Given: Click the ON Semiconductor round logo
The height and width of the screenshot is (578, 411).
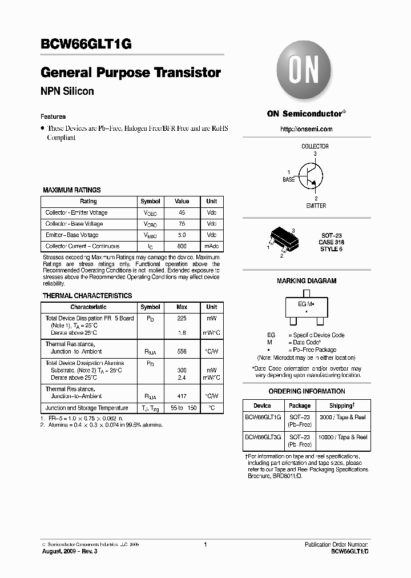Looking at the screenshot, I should (x=306, y=73).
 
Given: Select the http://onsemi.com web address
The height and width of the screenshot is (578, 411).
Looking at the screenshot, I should (x=306, y=129).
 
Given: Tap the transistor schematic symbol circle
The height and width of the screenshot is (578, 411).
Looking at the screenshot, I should (x=311, y=175).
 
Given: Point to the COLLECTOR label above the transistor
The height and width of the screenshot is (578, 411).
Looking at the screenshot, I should (x=315, y=146).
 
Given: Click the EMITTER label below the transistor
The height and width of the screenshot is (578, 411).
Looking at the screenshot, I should (x=316, y=206).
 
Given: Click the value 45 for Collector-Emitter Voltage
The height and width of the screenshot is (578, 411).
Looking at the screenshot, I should (x=182, y=212).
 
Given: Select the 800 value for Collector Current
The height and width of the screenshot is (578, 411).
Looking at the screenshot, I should (x=182, y=246).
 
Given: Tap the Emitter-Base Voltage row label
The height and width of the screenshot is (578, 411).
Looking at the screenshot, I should (x=72, y=235).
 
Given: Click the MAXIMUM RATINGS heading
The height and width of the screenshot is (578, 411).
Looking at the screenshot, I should (x=72, y=190).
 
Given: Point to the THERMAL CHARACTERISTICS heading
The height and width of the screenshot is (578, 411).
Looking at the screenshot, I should (x=87, y=296).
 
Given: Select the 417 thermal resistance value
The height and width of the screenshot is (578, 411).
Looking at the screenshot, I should (x=182, y=396).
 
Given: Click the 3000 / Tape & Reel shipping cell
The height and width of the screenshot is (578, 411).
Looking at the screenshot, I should (x=342, y=418).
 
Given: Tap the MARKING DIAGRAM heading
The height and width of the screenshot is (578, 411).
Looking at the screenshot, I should (x=307, y=281).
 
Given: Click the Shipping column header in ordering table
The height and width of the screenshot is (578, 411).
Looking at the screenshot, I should (x=342, y=405).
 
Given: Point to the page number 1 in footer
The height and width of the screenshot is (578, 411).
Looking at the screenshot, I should (x=205, y=545).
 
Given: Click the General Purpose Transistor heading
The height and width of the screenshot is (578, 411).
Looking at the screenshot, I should (x=131, y=73).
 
